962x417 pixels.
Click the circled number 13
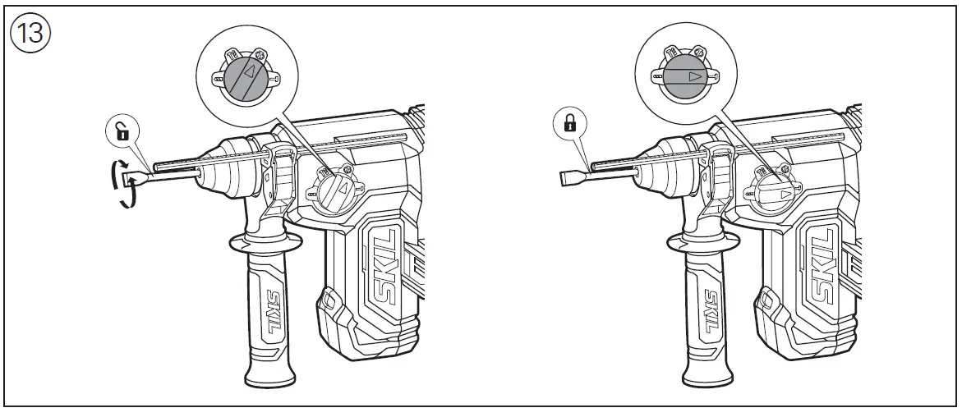[x=30, y=35]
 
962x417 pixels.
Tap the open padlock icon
[x=122, y=131]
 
